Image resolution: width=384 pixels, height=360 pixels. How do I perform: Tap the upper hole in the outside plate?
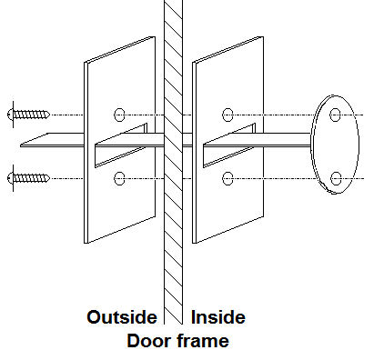(119, 115)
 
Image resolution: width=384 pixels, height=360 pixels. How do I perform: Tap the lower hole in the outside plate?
(119, 178)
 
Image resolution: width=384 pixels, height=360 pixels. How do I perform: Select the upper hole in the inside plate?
(227, 115)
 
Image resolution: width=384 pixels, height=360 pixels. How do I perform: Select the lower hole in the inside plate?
(227, 178)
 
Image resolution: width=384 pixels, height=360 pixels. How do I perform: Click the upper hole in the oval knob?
(335, 115)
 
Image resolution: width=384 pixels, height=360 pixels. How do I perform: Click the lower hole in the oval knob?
(336, 178)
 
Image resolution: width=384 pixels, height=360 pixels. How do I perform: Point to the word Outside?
(122, 317)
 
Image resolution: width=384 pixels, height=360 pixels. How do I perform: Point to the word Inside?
(218, 317)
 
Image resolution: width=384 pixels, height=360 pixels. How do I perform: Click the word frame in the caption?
(203, 341)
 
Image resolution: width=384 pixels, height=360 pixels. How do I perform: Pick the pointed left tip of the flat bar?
(21, 145)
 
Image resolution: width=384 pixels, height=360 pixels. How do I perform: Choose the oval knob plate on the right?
(336, 145)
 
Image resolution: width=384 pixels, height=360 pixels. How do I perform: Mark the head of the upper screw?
(11, 115)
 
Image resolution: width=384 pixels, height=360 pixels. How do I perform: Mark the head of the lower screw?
(11, 178)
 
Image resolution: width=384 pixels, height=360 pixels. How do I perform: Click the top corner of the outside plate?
(155, 37)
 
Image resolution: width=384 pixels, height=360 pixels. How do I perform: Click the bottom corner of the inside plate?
(193, 243)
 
